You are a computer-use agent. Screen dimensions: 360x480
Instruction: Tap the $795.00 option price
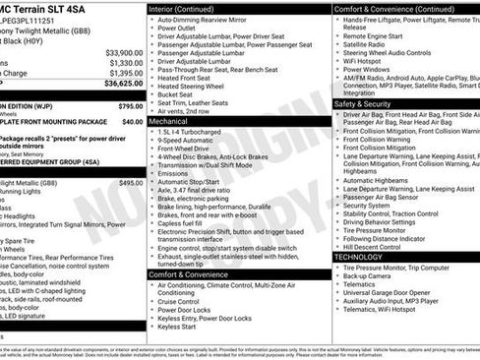point(130,105)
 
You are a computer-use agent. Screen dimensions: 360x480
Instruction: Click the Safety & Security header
point(363,103)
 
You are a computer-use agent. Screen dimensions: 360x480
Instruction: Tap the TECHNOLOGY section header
point(357,257)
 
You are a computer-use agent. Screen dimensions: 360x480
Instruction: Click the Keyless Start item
point(178,327)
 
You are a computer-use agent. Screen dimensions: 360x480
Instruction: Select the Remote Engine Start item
point(377,34)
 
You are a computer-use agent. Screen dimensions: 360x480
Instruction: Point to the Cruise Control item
point(184,300)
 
